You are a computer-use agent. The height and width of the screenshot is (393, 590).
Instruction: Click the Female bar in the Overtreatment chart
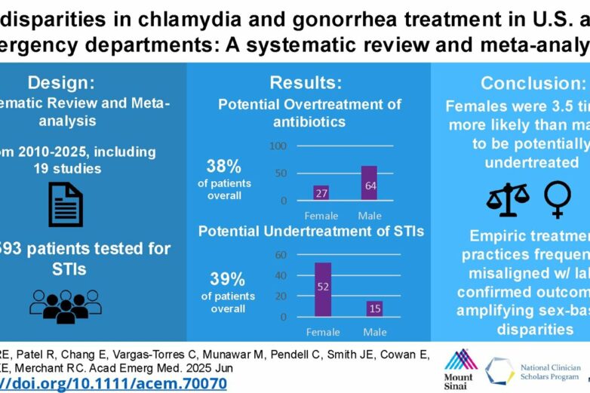coord(321,192)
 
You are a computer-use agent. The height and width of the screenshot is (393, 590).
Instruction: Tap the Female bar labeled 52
coord(322,289)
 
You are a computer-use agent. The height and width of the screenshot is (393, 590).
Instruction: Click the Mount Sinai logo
coord(459,366)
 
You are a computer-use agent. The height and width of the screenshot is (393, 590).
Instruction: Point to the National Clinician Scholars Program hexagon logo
coord(499,370)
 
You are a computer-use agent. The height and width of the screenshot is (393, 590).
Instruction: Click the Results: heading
coord(306,82)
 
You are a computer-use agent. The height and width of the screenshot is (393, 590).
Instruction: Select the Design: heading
coord(60,82)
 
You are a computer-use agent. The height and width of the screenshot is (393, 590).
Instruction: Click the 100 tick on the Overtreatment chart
coord(279,146)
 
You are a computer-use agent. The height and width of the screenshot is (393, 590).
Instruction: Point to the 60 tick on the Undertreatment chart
coord(281,255)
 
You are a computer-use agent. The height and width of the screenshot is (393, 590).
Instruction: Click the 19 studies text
coord(65,168)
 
